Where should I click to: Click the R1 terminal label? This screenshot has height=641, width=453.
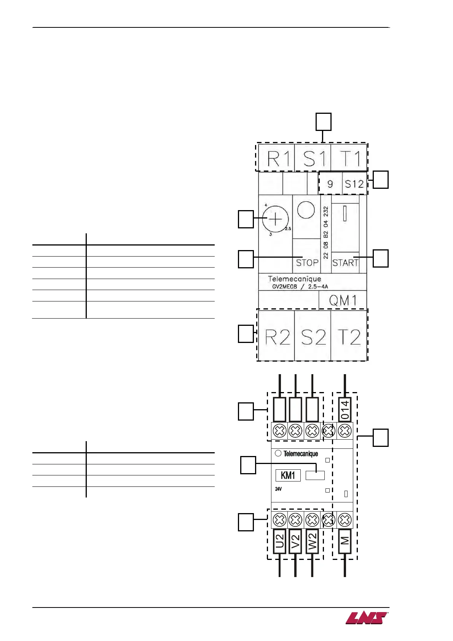(278, 158)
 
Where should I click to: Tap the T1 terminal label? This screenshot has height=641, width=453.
(349, 158)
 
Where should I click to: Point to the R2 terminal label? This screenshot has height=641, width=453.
(277, 337)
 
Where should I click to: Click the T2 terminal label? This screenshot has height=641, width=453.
(349, 337)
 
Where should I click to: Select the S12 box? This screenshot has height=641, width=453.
(354, 184)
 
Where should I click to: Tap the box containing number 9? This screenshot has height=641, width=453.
(330, 184)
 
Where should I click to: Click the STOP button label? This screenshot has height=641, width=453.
(307, 263)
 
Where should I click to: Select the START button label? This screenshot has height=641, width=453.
(345, 263)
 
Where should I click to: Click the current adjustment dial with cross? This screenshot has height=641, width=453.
(275, 219)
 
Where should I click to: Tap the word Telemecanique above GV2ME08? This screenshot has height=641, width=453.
(294, 279)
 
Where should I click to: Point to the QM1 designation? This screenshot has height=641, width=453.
(343, 301)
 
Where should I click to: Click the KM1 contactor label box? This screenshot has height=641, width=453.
(288, 475)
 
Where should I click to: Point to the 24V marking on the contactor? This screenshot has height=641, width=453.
(279, 489)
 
